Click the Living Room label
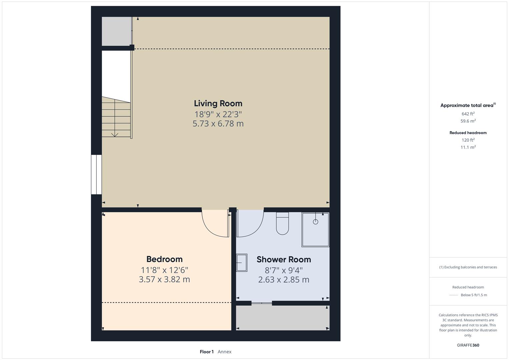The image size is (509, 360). [218, 103]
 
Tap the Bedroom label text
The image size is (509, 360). [164, 259]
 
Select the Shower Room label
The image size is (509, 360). [284, 259]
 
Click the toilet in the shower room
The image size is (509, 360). [282, 224]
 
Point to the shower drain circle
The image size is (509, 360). [315, 222]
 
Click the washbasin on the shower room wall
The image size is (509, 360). [242, 263]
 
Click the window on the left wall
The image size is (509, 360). [96, 174]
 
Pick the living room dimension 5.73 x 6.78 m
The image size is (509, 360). [218, 124]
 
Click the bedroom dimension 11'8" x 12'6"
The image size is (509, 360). [164, 270]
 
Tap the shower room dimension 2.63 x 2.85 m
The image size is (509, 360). [284, 280]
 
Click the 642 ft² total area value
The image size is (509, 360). [468, 114]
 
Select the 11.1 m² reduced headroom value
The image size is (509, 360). [468, 147]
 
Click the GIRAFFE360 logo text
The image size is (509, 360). [468, 345]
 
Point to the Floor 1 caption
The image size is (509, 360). [207, 352]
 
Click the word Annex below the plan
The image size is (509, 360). [224, 352]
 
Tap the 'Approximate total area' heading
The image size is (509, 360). [467, 105]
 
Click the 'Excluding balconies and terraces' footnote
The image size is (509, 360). [468, 267]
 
